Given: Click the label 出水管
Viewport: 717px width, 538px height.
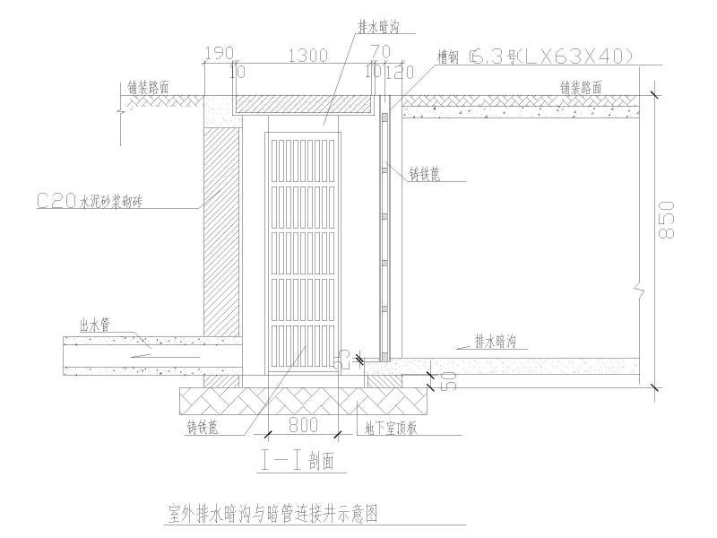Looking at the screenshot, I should [94, 326].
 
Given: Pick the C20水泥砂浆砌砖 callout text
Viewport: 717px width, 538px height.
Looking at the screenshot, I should [90, 203].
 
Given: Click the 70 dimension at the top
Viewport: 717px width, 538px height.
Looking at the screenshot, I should [379, 52].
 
